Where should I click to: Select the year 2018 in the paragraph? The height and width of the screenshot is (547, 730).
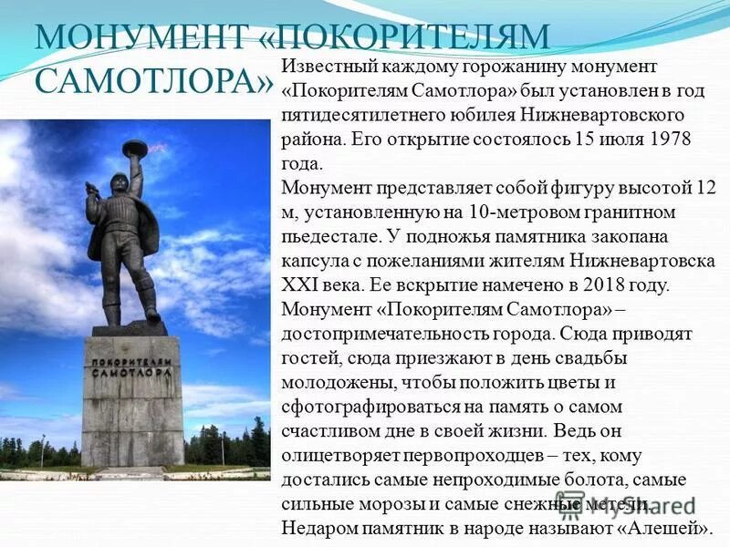pos(600,284)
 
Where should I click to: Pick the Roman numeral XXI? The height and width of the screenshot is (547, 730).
pos(305,284)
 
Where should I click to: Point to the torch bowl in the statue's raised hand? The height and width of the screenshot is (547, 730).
pos(136,146)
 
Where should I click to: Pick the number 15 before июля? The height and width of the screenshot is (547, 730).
pos(584,140)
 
